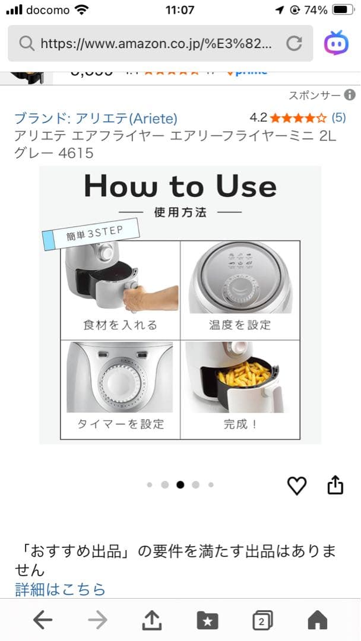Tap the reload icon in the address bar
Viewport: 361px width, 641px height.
[x=294, y=43]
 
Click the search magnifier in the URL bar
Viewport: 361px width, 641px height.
[x=26, y=43]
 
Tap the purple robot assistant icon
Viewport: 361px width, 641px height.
[x=336, y=43]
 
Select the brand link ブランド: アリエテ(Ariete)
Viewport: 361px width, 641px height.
[x=96, y=118]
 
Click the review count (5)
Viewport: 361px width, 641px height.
[x=338, y=118]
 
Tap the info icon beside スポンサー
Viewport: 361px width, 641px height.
[x=350, y=95]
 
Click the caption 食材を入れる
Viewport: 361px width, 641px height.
[x=120, y=325]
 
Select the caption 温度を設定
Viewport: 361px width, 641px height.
[x=240, y=325]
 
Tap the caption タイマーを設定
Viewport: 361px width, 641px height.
[x=120, y=424]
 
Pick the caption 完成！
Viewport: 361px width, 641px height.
[x=240, y=424]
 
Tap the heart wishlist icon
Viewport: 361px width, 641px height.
[x=297, y=485]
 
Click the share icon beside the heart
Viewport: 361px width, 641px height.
[x=335, y=485]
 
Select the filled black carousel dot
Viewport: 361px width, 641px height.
[x=180, y=485]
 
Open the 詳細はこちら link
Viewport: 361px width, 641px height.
[x=60, y=589]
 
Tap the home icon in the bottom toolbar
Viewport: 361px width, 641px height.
[x=318, y=621]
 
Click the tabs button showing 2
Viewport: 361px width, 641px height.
[x=262, y=621]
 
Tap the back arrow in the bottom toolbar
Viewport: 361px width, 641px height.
[x=43, y=621]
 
